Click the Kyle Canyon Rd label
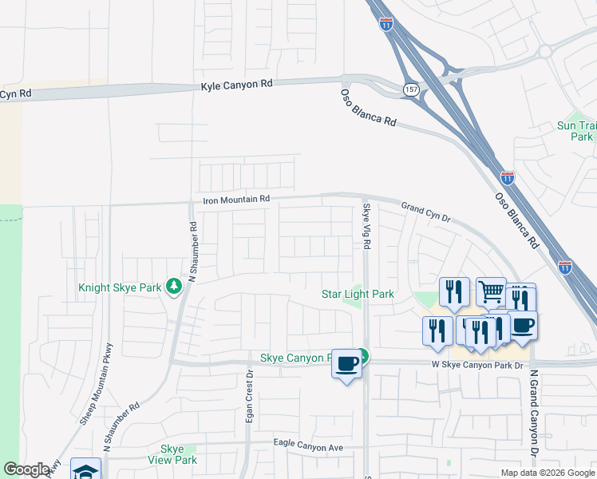tap(237, 83)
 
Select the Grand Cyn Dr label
tap(426, 210)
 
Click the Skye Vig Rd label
tap(367, 227)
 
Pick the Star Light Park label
tap(358, 294)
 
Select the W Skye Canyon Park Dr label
tap(476, 365)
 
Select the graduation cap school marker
tap(85, 470)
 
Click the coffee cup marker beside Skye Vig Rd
tap(346, 363)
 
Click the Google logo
tap(26, 469)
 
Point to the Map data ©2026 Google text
tap(547, 473)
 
